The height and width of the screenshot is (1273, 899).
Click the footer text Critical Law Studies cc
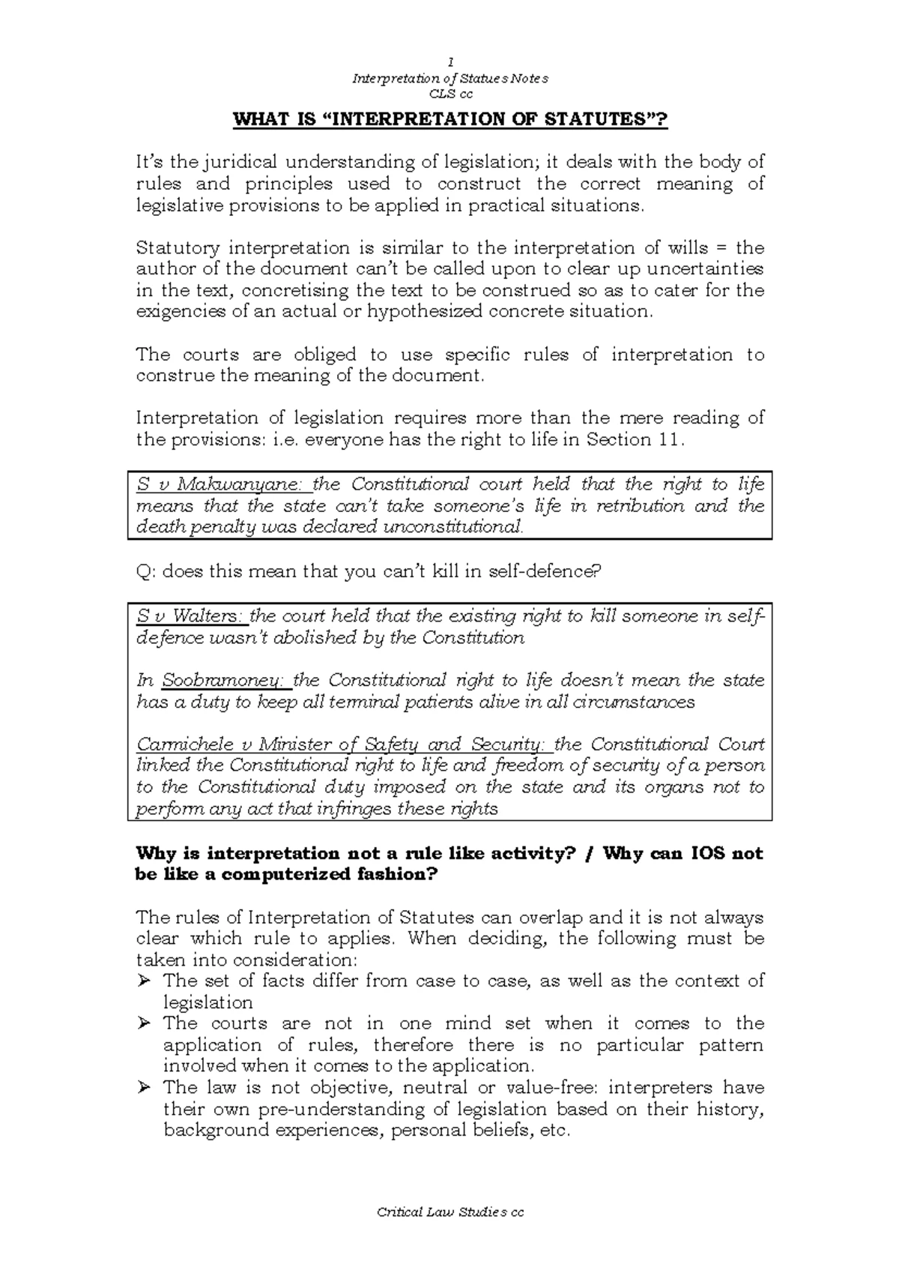tap(450, 1213)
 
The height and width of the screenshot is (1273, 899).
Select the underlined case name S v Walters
tap(190, 616)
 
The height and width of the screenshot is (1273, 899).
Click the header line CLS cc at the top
tap(450, 94)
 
